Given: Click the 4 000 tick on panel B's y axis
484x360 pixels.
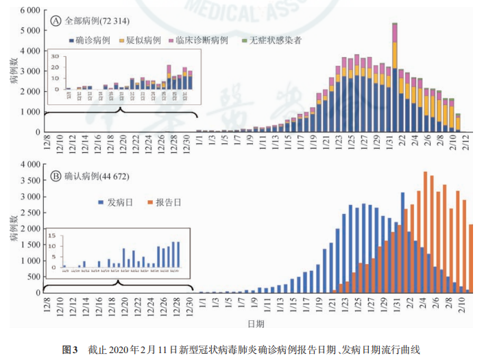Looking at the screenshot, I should click(x=30, y=165).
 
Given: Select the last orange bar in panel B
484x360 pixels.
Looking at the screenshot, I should click(x=471, y=258).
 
